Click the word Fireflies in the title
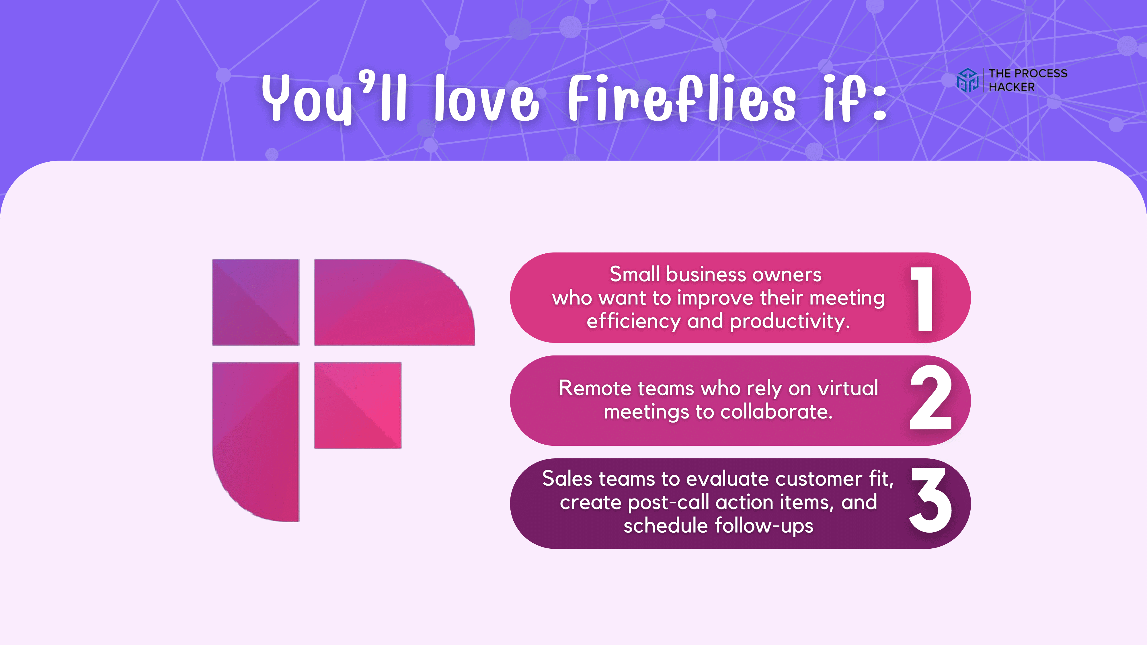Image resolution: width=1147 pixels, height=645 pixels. pyautogui.click(x=681, y=99)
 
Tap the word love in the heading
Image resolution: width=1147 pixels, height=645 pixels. pyautogui.click(x=486, y=99)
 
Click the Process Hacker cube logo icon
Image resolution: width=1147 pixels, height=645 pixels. pyautogui.click(x=967, y=80)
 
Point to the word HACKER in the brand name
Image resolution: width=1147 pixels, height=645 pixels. pyautogui.click(x=1012, y=87)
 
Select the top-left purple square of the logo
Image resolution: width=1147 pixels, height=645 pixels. pyautogui.click(x=255, y=302)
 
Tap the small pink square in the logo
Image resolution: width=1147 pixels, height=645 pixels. pyautogui.click(x=358, y=405)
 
